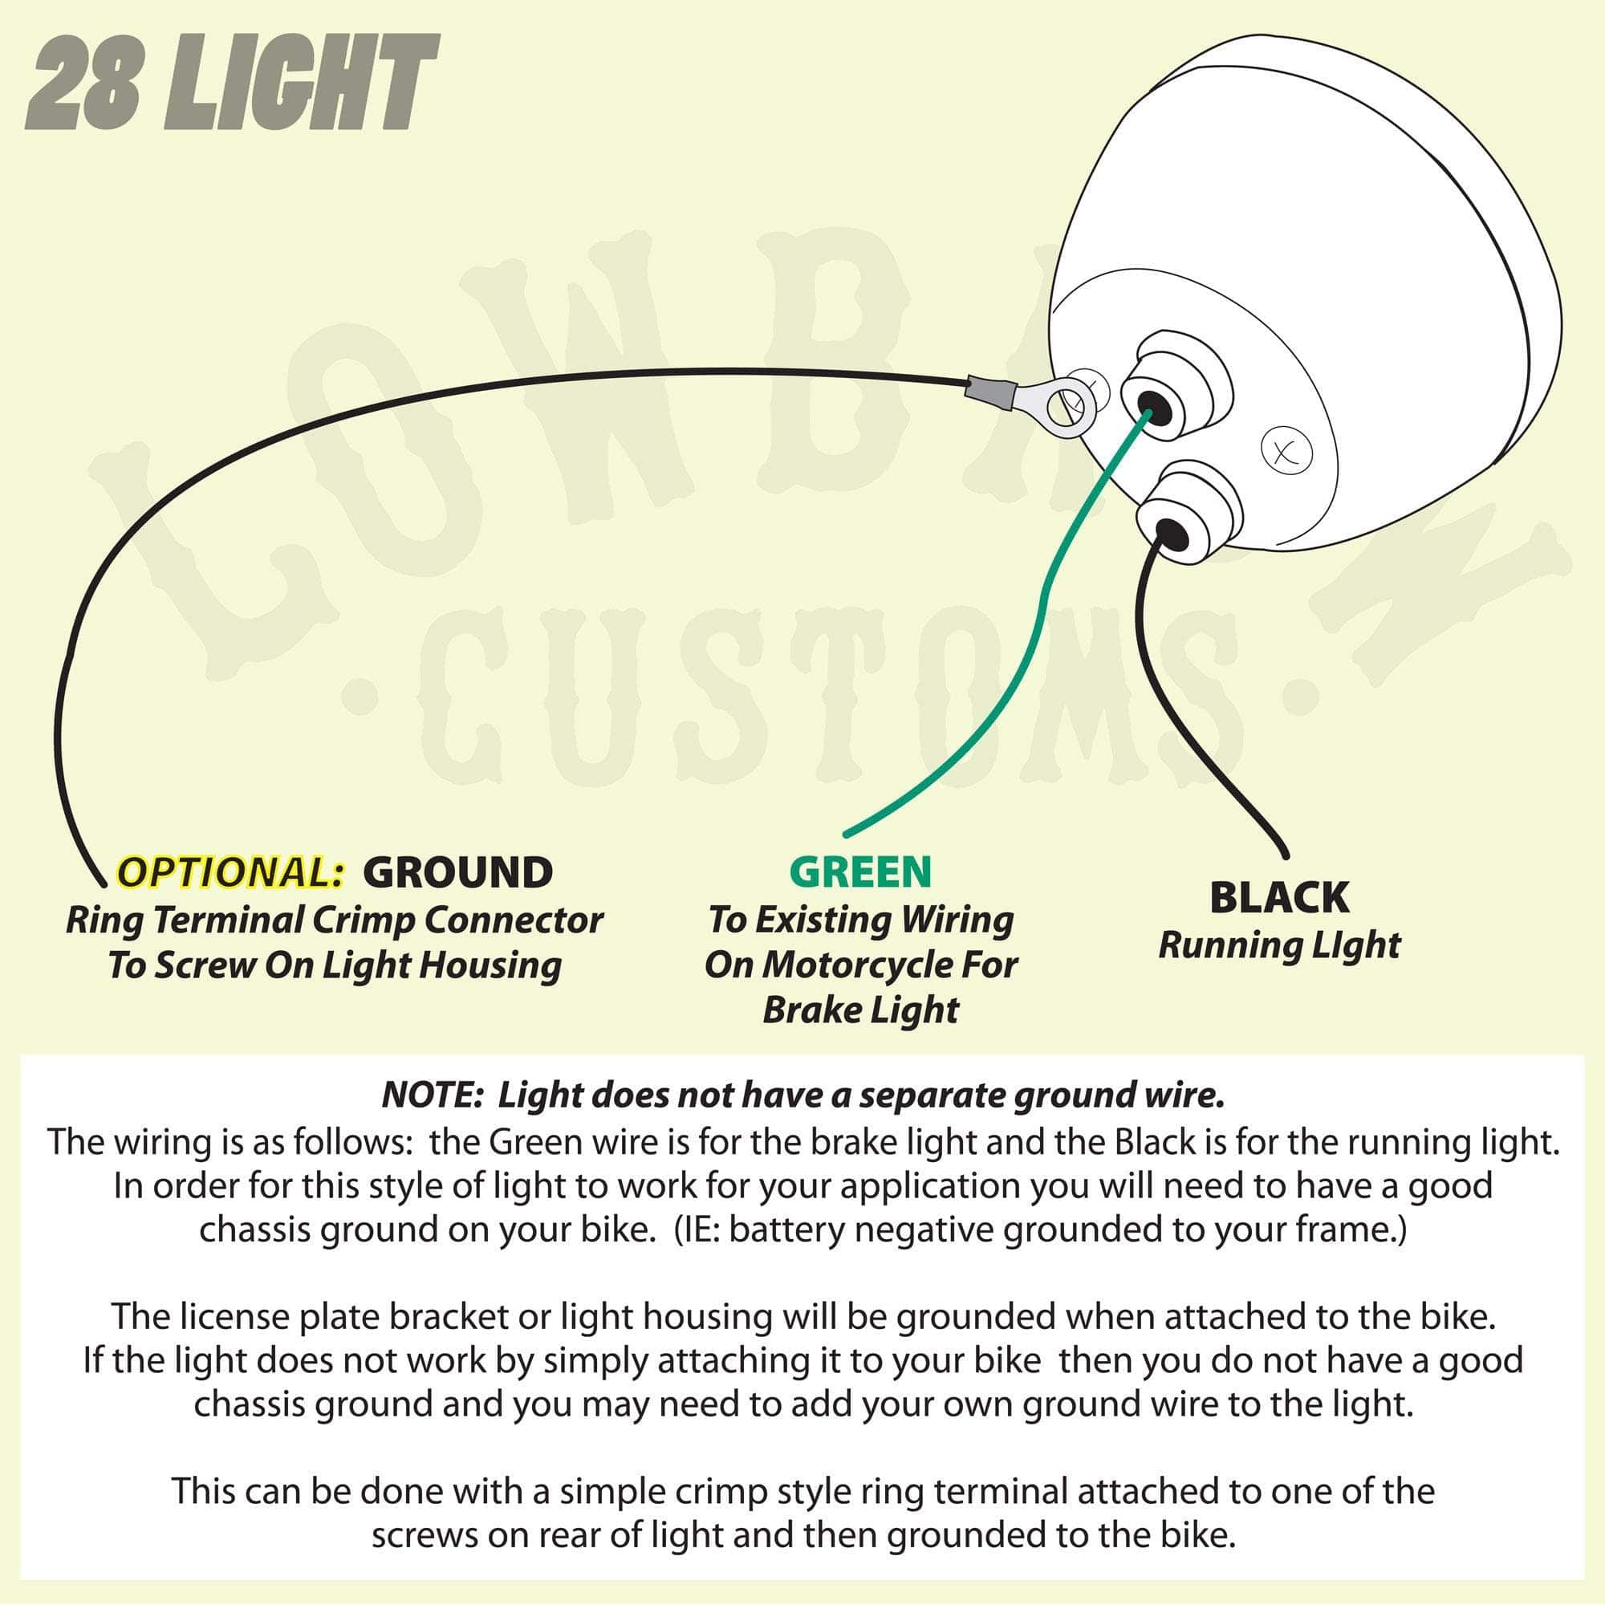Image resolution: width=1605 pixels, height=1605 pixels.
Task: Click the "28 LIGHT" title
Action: point(231,83)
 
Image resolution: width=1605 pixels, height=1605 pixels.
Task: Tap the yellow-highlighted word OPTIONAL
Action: point(231,872)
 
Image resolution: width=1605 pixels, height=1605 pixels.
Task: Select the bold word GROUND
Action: point(457,872)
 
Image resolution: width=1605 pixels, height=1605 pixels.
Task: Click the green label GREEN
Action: point(860,872)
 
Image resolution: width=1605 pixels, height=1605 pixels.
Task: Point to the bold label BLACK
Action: point(1279,897)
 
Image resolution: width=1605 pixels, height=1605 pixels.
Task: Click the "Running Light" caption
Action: point(1279,945)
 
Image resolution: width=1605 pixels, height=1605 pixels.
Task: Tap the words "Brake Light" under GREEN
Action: point(860,1010)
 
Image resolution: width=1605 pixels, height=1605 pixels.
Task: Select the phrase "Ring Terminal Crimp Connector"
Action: point(334,920)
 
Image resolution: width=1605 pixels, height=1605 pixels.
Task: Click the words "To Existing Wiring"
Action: point(860,920)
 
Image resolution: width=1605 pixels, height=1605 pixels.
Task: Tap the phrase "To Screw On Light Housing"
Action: point(334,965)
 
